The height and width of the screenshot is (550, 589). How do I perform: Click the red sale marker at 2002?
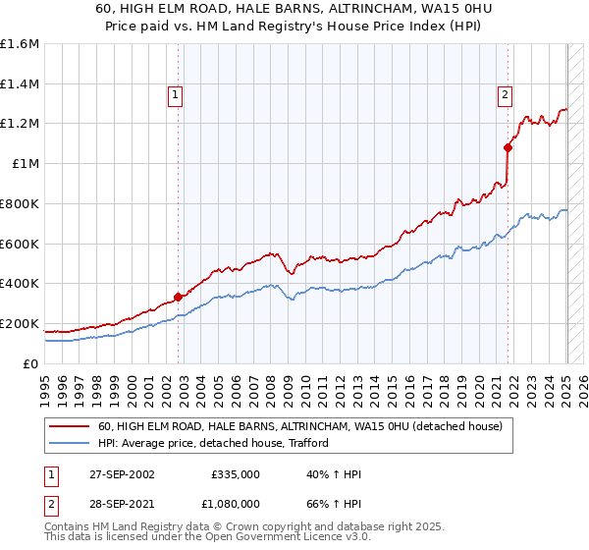[x=179, y=297]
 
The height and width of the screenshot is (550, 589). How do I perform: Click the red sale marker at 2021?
[x=508, y=148]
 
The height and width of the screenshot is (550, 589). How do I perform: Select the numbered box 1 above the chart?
[x=175, y=95]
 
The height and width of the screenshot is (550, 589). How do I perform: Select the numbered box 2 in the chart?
[x=504, y=95]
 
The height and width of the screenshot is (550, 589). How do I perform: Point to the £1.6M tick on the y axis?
[x=20, y=44]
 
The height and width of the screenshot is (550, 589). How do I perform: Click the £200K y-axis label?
[x=20, y=323]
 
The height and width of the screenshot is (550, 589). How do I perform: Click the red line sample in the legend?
[x=69, y=426]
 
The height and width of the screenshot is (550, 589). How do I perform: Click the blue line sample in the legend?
[x=69, y=443]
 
